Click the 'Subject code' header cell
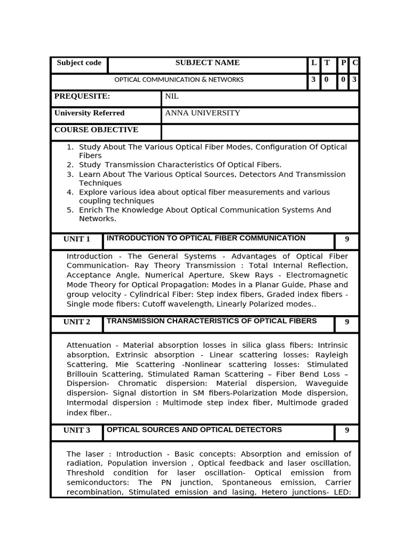click(79, 63)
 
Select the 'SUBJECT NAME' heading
click(208, 63)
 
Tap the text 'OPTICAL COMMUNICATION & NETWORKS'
click(179, 80)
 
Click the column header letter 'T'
click(327, 63)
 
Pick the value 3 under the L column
click(313, 80)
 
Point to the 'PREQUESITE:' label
click(82, 96)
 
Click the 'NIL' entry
click(172, 97)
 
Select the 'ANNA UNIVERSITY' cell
click(202, 113)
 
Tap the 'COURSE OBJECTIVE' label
click(96, 130)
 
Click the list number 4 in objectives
click(70, 192)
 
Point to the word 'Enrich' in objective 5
click(91, 210)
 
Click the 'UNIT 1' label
click(77, 239)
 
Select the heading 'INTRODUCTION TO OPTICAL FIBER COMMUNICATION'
click(206, 238)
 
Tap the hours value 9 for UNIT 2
click(347, 322)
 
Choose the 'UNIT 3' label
click(77, 431)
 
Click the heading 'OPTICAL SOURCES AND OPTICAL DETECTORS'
click(194, 429)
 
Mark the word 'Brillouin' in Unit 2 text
click(83, 374)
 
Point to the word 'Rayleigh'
click(332, 355)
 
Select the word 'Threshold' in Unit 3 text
click(85, 473)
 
